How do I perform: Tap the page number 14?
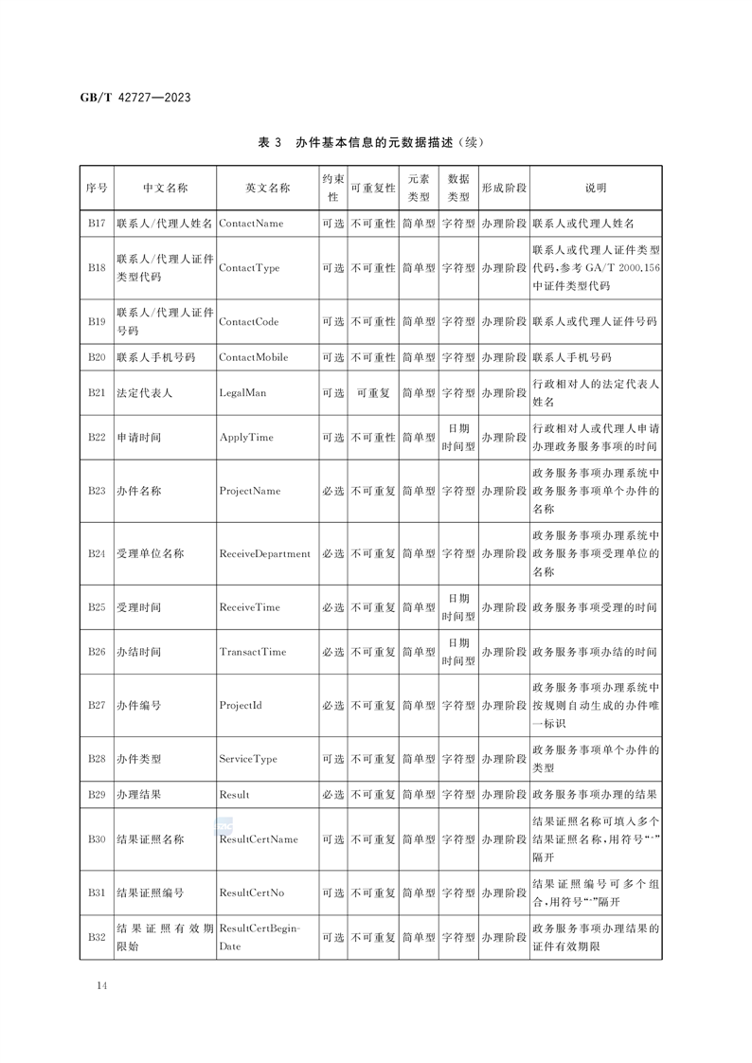tap(101, 986)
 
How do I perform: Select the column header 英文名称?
tap(267, 189)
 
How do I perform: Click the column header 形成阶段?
tap(504, 189)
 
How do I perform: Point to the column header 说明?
tap(595, 189)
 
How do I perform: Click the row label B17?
tap(97, 224)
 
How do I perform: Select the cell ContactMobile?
tap(254, 357)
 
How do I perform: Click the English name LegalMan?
tap(242, 391)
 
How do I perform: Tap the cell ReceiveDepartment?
tap(265, 553)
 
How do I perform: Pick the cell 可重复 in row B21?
tap(373, 391)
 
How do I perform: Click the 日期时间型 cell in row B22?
tap(458, 438)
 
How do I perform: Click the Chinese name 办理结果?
tap(138, 794)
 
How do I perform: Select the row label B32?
tap(97, 937)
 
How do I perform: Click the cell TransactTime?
tap(253, 652)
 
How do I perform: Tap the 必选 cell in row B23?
tap(332, 492)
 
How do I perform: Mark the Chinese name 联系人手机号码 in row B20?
tap(156, 357)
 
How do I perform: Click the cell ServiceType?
tap(248, 759)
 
